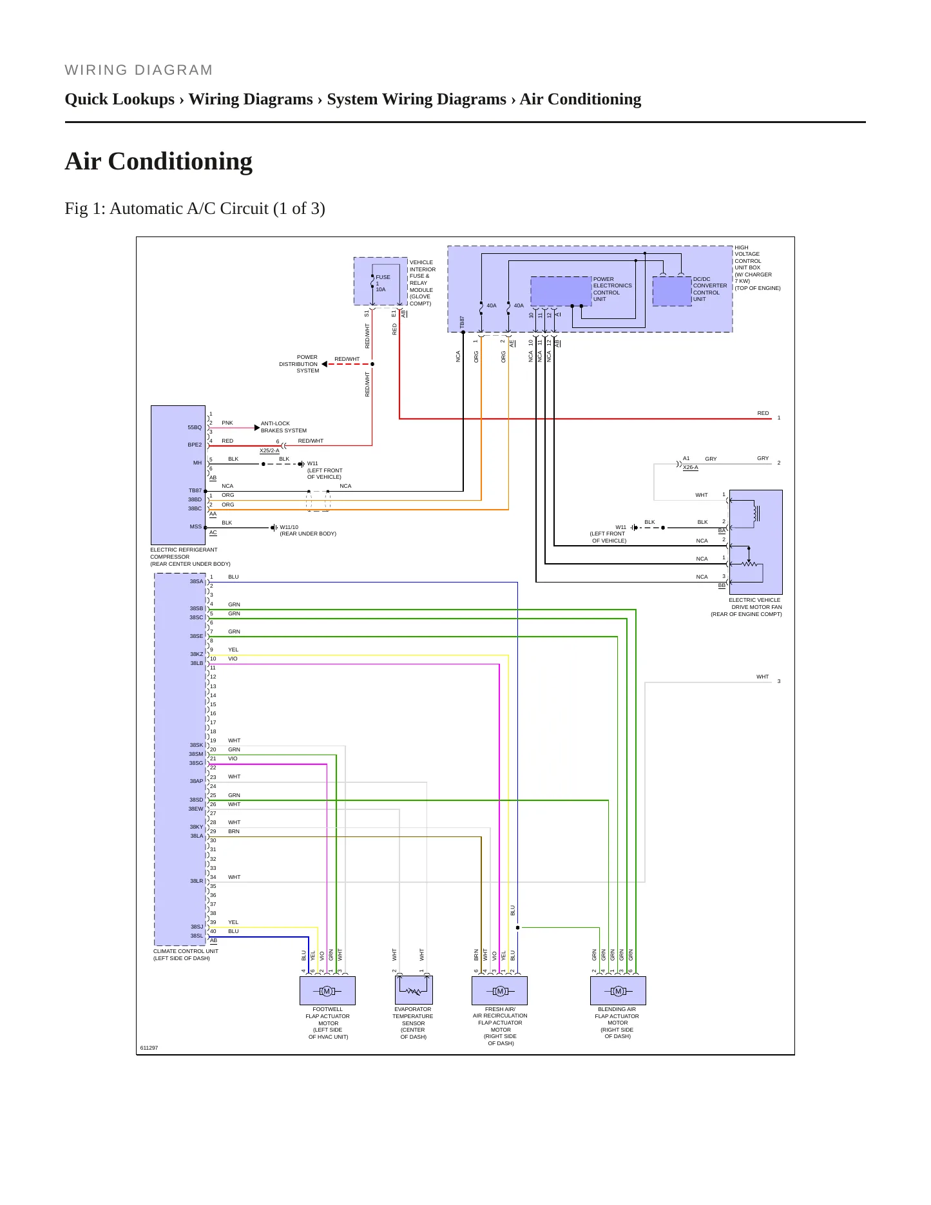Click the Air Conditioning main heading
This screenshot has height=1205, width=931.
coord(158,161)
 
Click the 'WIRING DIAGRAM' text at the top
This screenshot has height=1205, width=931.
coord(139,70)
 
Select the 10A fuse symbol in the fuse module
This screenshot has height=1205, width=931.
coord(373,282)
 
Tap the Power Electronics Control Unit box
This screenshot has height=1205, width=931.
coord(561,291)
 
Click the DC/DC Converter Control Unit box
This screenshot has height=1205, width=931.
coord(672,291)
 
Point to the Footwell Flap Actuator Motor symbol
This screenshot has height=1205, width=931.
coord(327,991)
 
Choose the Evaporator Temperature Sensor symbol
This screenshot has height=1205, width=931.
coord(414,990)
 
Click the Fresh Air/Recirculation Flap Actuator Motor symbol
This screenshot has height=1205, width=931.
coord(500,991)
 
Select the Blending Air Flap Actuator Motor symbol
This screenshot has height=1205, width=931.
coord(618,991)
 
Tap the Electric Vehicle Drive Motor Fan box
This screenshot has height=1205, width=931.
coord(756,542)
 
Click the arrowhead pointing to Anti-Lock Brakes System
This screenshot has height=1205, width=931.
coord(257,427)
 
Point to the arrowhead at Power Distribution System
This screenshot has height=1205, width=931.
coord(325,364)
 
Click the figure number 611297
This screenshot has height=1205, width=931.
coord(149,1048)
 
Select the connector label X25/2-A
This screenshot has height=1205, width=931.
coord(269,450)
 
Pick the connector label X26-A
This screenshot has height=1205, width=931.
coord(690,467)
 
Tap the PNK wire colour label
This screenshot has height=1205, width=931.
coord(227,423)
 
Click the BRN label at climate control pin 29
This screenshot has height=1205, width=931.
coord(233,831)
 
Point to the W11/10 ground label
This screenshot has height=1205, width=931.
coord(289,527)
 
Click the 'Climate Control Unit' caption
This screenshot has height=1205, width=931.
coord(186,951)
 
